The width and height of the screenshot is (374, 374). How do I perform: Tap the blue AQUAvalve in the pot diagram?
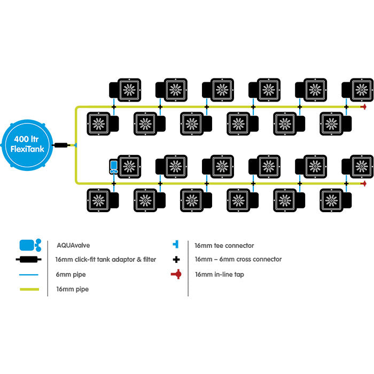113,167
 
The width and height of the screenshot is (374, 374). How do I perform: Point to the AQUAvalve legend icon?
30,245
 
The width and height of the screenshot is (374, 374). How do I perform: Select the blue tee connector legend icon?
177,245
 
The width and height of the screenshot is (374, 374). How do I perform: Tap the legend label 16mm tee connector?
224,245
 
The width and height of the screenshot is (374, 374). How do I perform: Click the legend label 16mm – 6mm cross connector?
238,260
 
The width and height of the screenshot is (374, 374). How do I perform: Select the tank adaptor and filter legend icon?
30,260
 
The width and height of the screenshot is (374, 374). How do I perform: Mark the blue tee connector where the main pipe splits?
76,145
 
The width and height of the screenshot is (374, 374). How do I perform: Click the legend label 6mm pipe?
71,275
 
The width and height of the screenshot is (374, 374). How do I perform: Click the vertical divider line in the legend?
188,267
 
